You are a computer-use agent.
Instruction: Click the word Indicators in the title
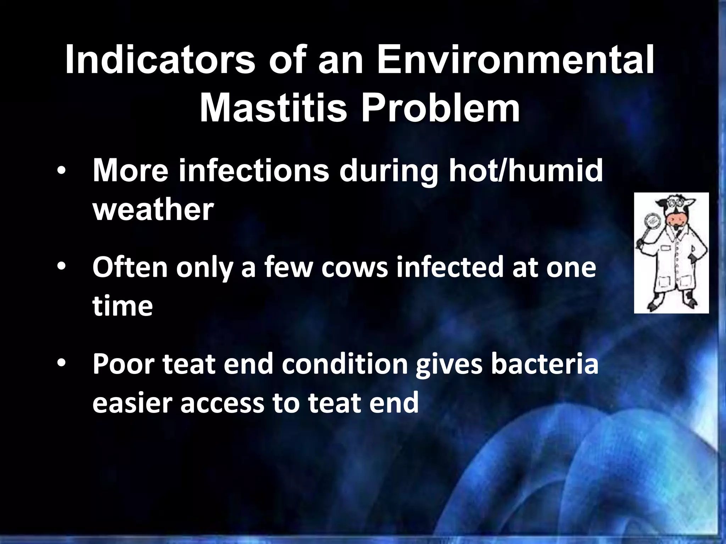click(160, 60)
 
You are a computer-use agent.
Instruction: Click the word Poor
click(123, 365)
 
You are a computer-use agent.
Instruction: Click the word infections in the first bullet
click(254, 171)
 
